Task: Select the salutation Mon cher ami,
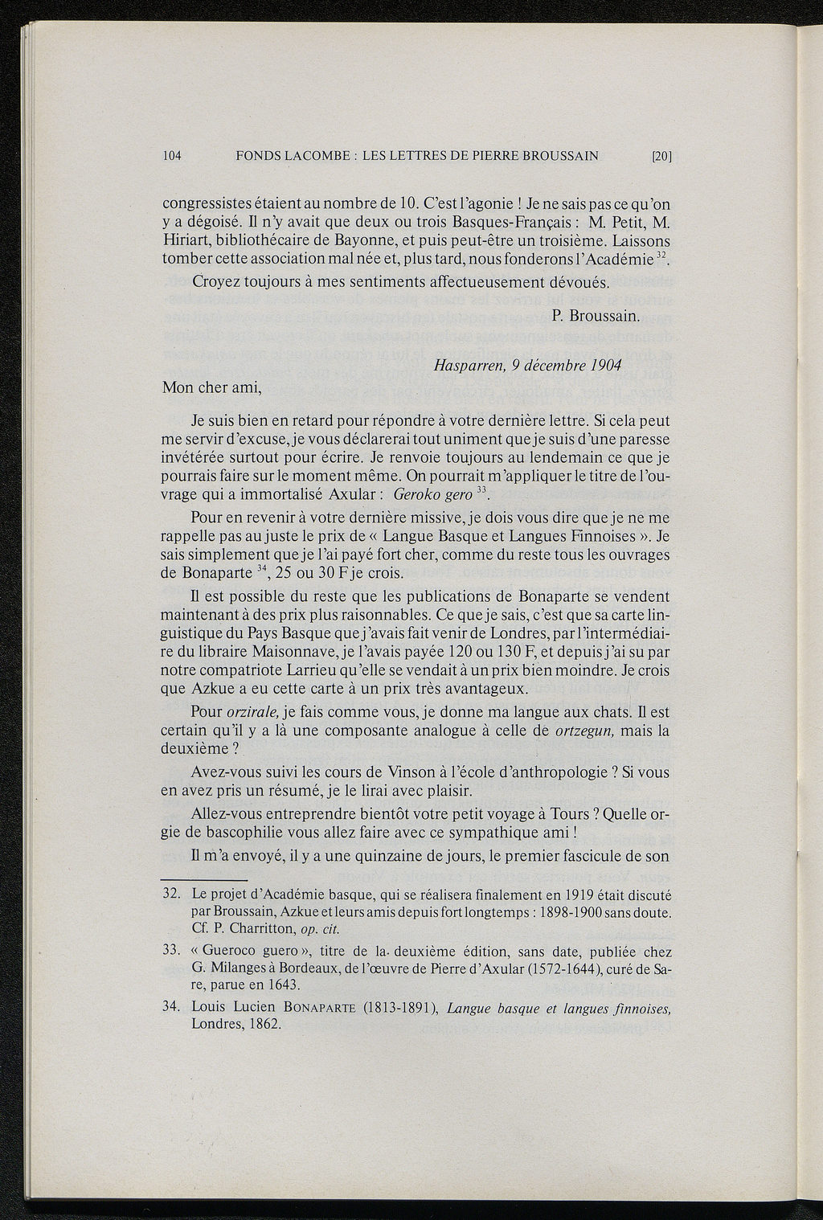(x=212, y=387)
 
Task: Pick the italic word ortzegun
(x=584, y=731)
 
